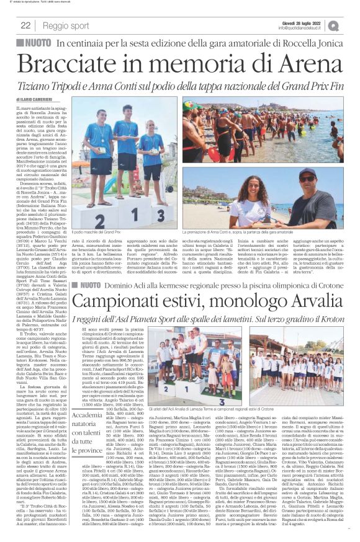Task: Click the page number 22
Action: pyautogui.click(x=25, y=25)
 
